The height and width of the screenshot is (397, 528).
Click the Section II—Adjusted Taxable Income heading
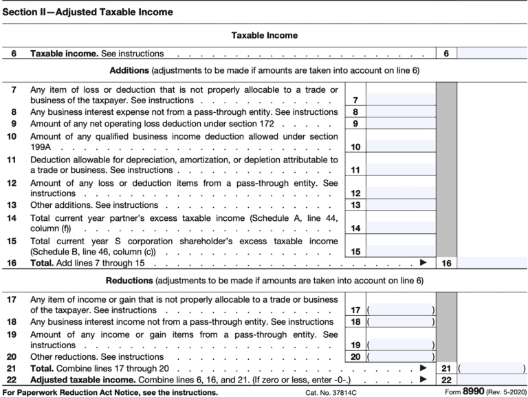(88, 12)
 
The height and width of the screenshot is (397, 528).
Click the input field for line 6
(492, 53)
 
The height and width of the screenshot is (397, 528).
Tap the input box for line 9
(401, 124)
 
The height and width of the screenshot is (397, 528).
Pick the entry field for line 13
(401, 205)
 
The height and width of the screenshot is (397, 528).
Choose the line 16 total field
(492, 263)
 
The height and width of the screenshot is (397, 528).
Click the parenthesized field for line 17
(401, 310)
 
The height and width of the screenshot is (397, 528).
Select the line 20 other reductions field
(401, 357)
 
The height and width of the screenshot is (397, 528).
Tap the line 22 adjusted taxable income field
(492, 380)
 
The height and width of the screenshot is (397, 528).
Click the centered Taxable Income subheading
(263, 34)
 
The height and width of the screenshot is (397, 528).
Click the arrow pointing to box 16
(423, 263)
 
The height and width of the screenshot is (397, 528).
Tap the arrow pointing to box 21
(423, 369)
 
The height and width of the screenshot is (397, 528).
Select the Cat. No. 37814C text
(334, 392)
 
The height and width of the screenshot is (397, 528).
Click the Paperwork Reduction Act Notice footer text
(110, 392)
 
